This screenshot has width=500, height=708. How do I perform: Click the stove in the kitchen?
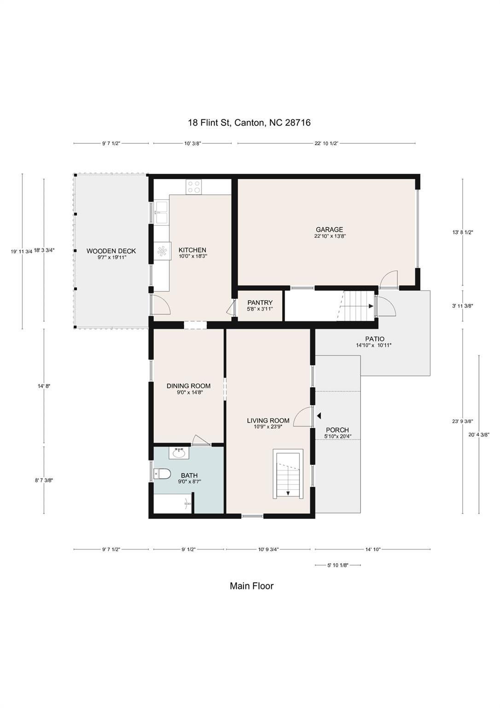point(194,187)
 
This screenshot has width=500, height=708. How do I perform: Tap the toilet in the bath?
point(162,474)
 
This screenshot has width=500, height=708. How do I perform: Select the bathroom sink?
point(179,453)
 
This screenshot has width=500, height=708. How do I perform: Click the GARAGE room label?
point(329,230)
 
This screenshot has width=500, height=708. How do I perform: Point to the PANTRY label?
point(260,303)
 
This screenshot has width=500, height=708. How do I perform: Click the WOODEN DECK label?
point(111,251)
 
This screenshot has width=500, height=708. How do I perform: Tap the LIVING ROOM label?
point(268,420)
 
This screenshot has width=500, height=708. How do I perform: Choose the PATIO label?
point(375,339)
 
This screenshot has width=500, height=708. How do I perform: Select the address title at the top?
point(250,122)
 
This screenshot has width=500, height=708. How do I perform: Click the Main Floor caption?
point(251,586)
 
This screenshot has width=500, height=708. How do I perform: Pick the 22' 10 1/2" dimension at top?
point(326,143)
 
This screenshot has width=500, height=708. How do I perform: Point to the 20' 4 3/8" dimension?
point(479,434)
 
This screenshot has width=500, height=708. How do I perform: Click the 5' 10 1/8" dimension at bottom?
point(337,565)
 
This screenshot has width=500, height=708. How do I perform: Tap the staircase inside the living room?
point(288,474)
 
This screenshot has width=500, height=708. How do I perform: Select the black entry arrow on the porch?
point(319,416)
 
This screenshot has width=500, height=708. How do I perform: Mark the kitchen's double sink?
point(162,212)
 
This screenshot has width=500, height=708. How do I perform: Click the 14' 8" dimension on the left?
point(44,386)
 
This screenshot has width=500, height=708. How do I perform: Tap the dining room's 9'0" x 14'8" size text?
point(188,392)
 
